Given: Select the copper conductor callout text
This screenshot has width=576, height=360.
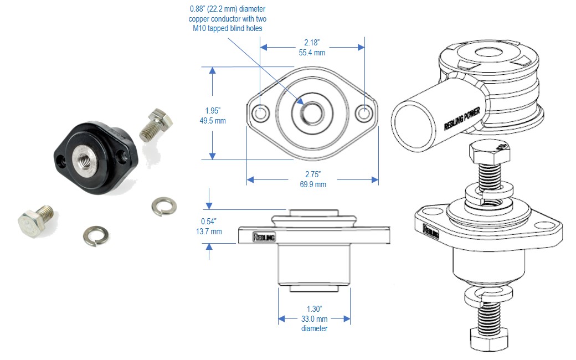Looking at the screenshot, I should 225,18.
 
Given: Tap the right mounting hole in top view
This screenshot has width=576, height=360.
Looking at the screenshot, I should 364,113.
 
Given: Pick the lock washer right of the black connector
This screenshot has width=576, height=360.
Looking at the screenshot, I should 164,206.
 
